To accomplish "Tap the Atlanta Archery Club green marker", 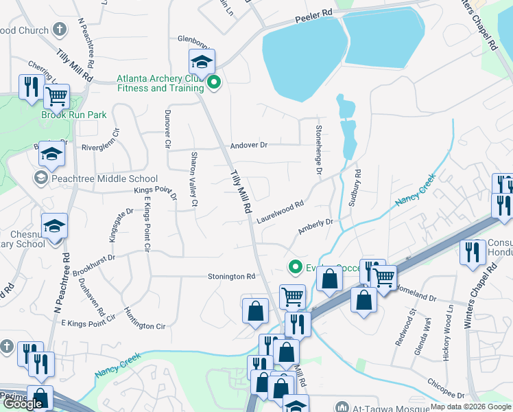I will pos(214,83).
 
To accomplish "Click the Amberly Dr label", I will pos(315,227).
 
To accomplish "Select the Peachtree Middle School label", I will pos(103,179).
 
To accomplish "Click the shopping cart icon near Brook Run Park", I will pos(57,97).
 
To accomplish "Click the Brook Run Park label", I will pos(73,115).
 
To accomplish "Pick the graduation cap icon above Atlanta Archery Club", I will pos(202,62).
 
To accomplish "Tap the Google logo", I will pos(22,404).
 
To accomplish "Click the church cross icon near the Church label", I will pos(60,30).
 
